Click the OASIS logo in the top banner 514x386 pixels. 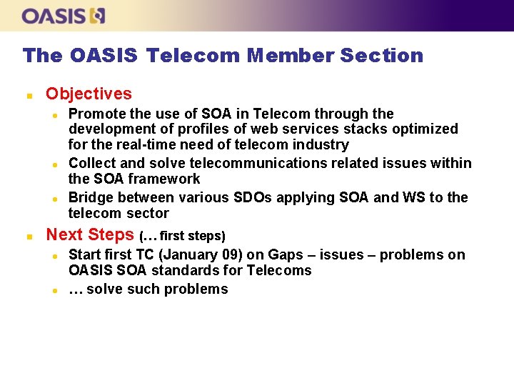[x=64, y=16]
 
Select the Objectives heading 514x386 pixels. [x=89, y=94]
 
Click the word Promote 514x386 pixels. [x=96, y=114]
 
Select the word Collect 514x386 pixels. [x=92, y=164]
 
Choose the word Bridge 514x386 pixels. [x=91, y=197]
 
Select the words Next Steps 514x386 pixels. [x=90, y=234]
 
